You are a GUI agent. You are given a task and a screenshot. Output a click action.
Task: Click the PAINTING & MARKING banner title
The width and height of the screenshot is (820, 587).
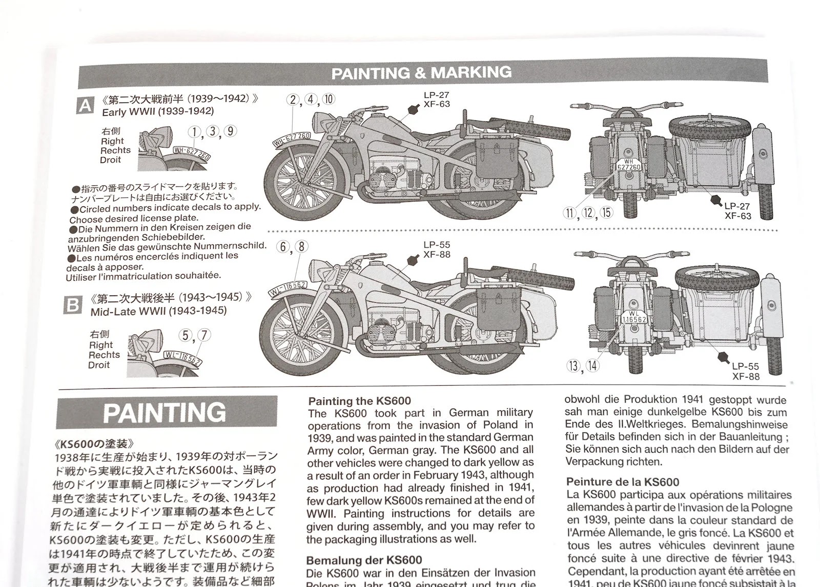(x=421, y=72)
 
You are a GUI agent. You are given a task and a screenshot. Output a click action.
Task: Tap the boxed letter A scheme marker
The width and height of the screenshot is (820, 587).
(x=85, y=106)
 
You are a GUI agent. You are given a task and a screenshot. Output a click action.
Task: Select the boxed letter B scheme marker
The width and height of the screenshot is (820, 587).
(x=73, y=305)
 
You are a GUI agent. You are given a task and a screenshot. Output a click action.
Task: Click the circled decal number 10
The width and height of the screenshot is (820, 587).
(x=329, y=99)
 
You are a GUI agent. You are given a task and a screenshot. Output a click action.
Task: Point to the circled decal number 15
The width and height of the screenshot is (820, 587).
(x=607, y=212)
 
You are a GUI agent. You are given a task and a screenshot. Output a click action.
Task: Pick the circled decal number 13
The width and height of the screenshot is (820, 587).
(x=573, y=366)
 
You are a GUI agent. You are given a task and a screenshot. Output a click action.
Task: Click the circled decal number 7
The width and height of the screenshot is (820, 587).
(x=204, y=335)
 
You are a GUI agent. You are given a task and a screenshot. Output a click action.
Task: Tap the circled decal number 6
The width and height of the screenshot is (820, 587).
(x=282, y=247)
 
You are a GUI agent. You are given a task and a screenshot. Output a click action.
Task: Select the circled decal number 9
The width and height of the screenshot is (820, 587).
(x=231, y=131)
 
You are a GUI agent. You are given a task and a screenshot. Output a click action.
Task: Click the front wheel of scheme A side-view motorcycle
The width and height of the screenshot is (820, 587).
(x=304, y=182)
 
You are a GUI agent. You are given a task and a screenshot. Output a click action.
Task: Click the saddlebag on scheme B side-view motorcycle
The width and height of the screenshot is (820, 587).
(x=499, y=311)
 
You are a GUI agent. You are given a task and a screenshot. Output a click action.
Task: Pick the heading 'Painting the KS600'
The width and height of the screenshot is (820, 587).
(x=359, y=401)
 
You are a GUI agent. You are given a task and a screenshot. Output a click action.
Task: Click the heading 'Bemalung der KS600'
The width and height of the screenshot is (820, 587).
(x=364, y=560)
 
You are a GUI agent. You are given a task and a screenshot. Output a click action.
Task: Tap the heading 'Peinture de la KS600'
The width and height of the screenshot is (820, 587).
(x=623, y=481)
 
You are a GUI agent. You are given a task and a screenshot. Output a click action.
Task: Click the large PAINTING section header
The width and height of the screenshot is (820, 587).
(x=165, y=412)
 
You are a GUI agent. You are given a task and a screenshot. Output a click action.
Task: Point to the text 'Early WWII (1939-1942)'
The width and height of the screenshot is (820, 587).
(x=158, y=112)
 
